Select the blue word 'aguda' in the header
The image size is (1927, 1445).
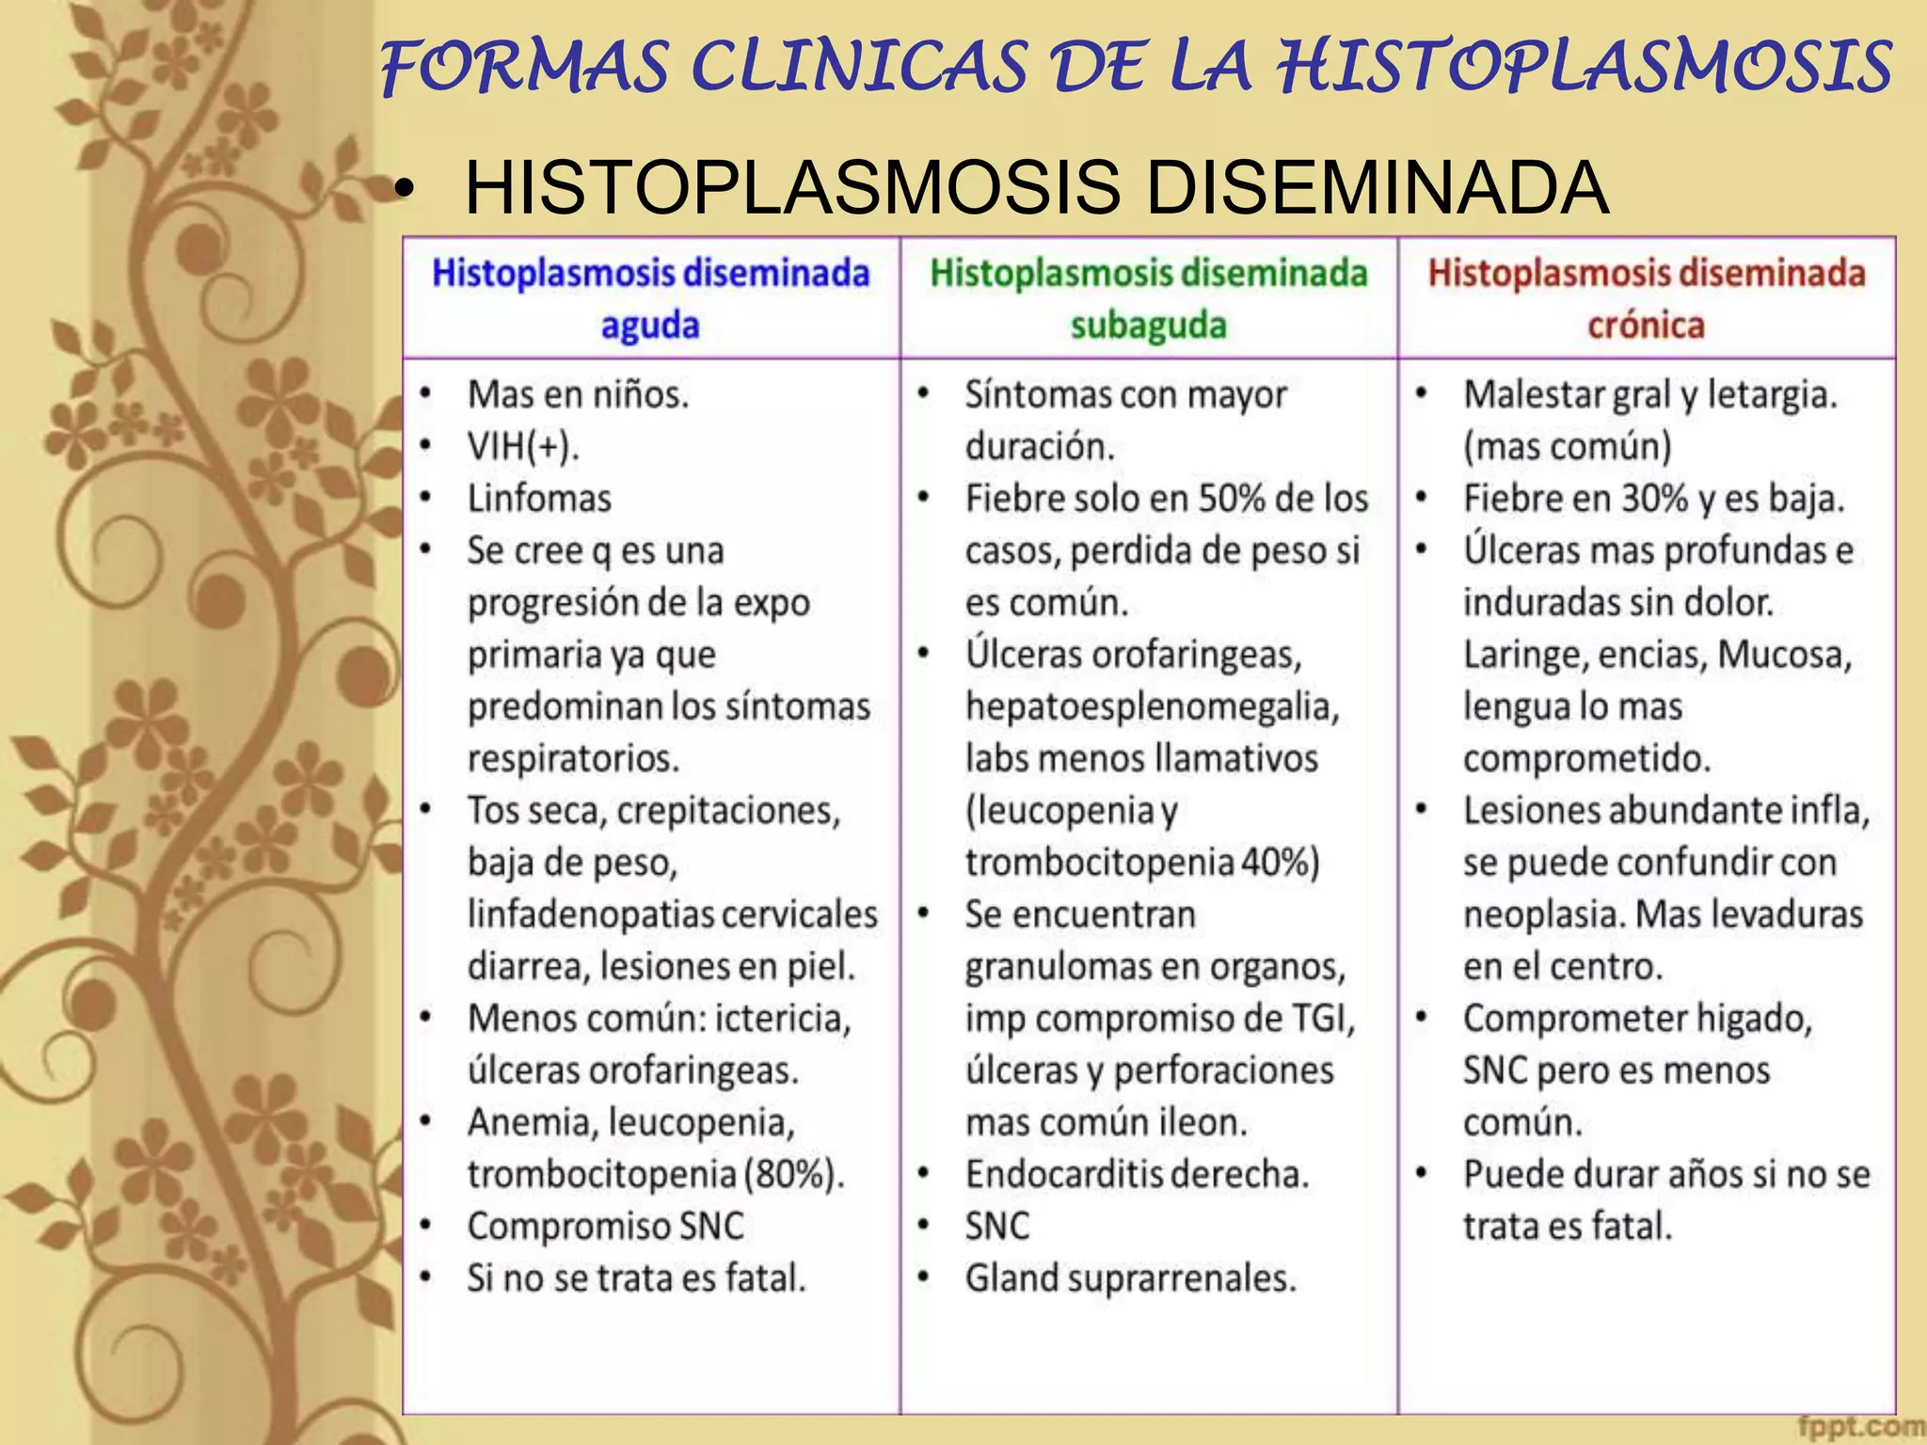coord(650,326)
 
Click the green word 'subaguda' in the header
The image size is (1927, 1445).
coord(1148,326)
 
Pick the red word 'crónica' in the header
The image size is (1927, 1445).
coord(1646,326)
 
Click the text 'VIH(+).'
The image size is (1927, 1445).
coord(523,446)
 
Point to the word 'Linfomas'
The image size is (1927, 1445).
coord(539,498)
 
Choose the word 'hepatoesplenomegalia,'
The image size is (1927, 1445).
coord(1152,707)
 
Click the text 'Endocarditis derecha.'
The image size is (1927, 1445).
coord(1137,1174)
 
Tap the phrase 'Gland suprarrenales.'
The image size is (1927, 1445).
coord(1130,1278)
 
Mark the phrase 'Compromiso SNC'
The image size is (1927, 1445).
coord(605,1226)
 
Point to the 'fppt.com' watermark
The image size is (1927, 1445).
coord(1860,1427)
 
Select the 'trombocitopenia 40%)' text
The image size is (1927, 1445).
coord(1141,863)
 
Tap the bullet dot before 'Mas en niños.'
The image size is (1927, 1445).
coord(426,395)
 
